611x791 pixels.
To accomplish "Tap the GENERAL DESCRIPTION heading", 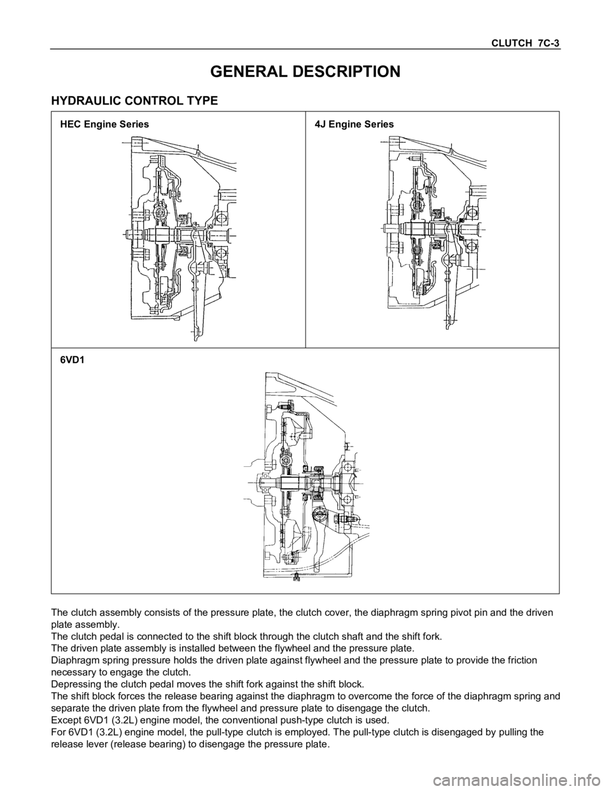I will coord(305,71).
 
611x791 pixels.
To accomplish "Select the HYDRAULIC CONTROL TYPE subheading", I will coord(134,101).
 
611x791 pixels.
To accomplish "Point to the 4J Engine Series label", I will coord(355,125).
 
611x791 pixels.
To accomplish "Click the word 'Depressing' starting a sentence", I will coord(74,685).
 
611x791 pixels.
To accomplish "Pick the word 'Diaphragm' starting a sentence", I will coord(74,660).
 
